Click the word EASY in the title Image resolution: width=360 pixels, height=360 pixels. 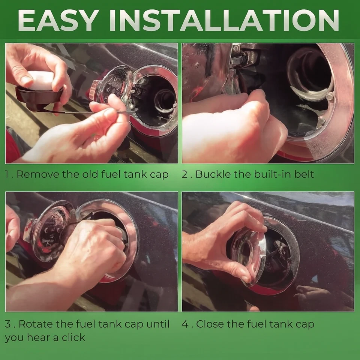(57, 20)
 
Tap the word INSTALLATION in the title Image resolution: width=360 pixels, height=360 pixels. (224, 20)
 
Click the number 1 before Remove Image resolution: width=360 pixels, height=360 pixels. (7, 174)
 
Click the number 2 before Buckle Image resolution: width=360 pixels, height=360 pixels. (184, 174)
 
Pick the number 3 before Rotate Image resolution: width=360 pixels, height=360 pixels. (8, 324)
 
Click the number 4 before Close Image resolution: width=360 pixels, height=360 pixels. (185, 324)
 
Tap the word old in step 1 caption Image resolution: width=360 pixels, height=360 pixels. (91, 174)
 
